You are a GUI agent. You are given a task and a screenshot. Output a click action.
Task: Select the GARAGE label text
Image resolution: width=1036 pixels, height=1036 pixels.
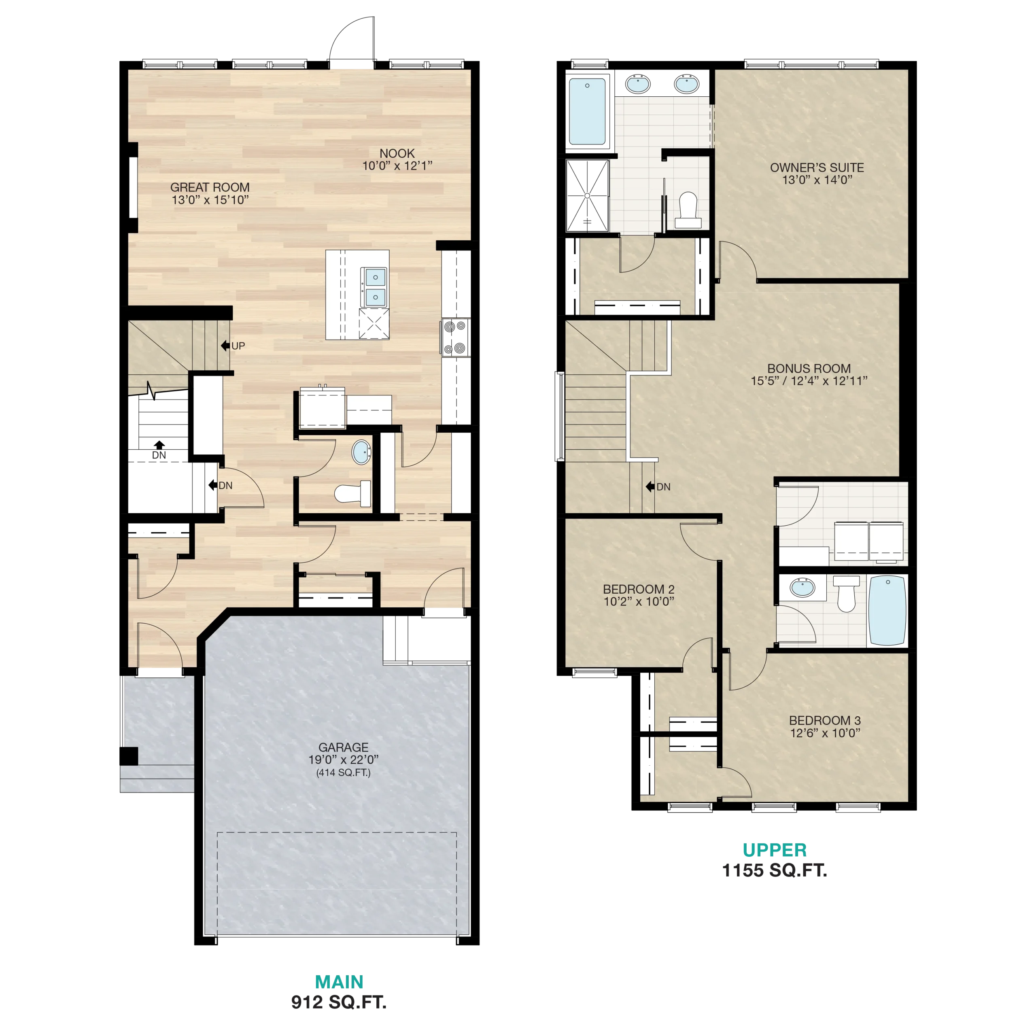point(343,747)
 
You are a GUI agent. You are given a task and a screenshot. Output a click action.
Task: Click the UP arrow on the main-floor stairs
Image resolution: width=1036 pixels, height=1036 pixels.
point(226,346)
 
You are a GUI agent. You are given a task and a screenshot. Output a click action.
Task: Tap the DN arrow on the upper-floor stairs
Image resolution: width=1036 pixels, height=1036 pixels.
point(650,486)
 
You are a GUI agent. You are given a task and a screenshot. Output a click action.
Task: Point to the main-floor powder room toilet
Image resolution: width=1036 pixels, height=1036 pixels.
point(353,493)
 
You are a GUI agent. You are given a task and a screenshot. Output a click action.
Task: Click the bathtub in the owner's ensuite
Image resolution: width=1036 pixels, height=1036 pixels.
point(587,112)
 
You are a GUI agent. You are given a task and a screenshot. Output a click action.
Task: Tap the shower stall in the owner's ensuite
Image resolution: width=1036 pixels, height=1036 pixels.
point(587,196)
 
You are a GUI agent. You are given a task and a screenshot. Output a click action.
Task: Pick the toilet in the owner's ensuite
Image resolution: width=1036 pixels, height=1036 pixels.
point(688,210)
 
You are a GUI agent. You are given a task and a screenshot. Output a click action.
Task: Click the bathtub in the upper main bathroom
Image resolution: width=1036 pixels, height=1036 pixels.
point(887,611)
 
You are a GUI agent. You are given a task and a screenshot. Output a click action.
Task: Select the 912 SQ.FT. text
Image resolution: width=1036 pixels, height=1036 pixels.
point(338,1002)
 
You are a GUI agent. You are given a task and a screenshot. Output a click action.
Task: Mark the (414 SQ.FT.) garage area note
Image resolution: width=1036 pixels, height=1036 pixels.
point(343,772)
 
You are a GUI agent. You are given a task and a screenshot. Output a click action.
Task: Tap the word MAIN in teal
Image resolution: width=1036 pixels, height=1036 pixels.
point(339,982)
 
